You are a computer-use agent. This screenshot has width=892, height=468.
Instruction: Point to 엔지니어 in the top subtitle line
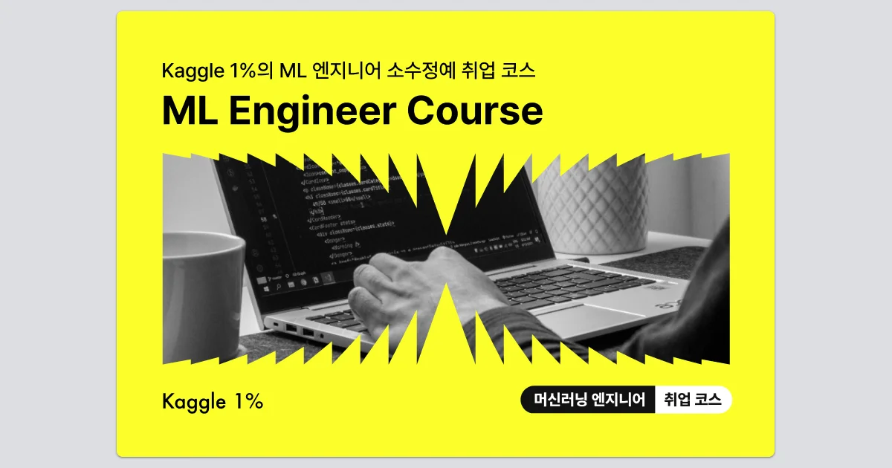point(354,71)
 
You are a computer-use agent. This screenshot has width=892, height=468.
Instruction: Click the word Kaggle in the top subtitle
point(190,71)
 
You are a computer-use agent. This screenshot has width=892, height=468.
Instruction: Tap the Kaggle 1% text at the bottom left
point(213,402)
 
